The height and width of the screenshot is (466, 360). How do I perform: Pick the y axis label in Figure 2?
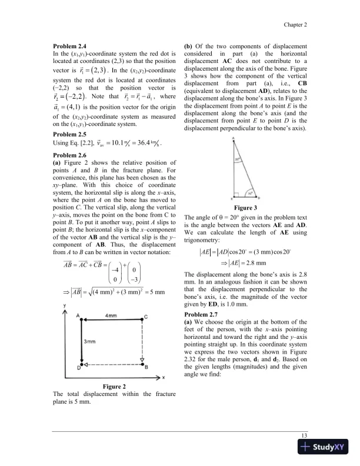(64, 307)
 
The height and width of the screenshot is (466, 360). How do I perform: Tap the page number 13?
(305, 434)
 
